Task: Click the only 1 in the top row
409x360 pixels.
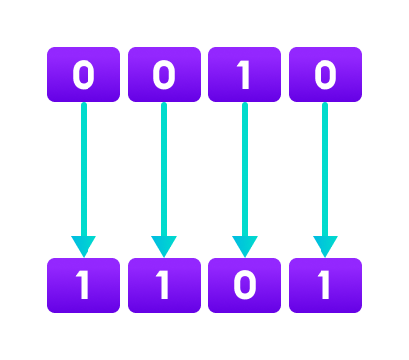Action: [244, 75]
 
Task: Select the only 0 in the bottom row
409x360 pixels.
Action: [244, 285]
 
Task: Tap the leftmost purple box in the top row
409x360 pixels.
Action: [84, 75]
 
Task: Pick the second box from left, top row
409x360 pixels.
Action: [164, 75]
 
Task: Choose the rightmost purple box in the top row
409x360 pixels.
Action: [325, 75]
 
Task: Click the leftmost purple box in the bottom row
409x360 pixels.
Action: [84, 285]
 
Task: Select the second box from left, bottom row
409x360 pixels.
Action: [164, 285]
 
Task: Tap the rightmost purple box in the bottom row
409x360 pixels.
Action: [325, 285]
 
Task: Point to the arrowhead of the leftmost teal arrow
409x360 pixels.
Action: [84, 246]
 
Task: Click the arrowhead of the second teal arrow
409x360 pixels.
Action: [164, 246]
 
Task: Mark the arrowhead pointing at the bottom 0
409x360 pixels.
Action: [244, 246]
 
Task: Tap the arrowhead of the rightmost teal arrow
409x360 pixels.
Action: [325, 246]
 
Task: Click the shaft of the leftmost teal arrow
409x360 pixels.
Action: [84, 167]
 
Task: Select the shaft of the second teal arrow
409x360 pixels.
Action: [164, 167]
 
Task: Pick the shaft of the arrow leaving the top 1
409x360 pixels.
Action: [244, 167]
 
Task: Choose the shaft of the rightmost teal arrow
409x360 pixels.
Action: [325, 167]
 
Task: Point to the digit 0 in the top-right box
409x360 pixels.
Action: [325, 75]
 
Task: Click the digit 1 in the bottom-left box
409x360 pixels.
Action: [84, 285]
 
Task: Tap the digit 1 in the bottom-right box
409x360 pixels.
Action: [325, 285]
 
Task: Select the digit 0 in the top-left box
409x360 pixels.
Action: [84, 75]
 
